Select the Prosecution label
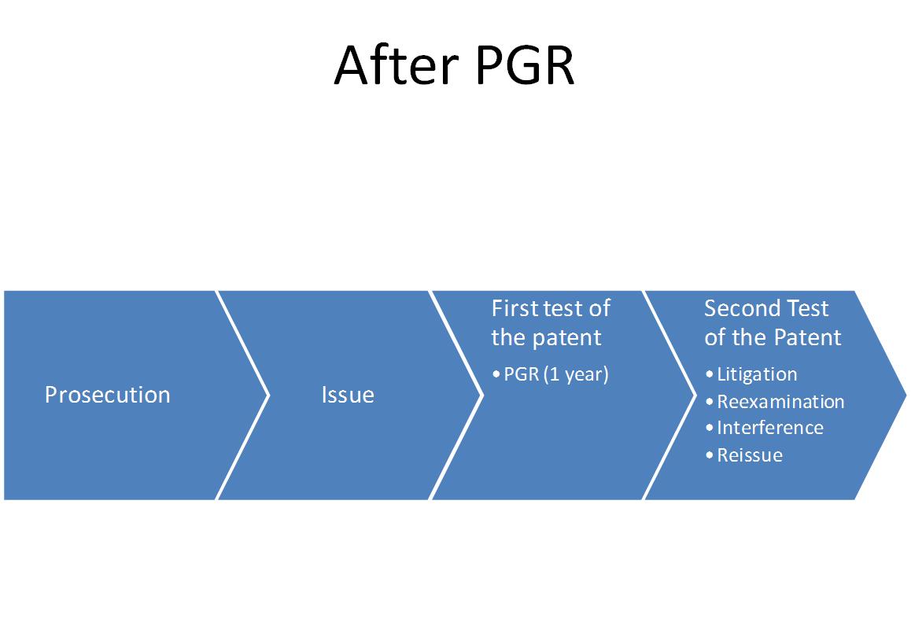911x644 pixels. tap(108, 396)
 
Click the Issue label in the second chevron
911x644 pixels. tap(348, 396)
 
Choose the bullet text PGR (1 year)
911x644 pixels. tap(556, 374)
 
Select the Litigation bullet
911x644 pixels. tap(757, 374)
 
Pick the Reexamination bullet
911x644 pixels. tap(781, 401)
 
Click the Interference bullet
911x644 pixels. tap(770, 428)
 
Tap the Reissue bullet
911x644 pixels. tap(750, 454)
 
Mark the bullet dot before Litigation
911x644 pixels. tap(710, 374)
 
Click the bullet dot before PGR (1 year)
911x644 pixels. tap(496, 374)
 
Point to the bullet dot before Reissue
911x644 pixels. tap(710, 454)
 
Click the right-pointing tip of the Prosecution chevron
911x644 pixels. tap(268, 396)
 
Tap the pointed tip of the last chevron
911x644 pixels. tap(905, 396)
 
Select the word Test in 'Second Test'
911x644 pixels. tap(807, 308)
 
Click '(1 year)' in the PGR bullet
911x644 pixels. tap(577, 374)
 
